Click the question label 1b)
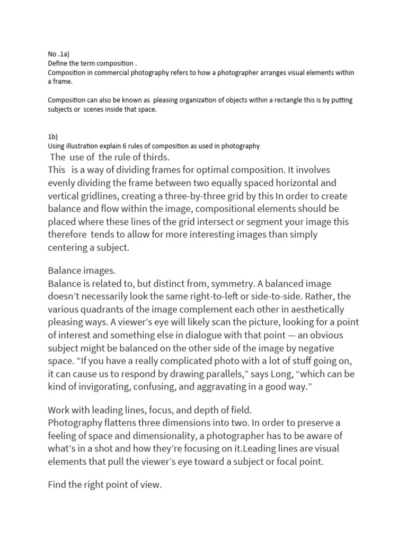click(x=52, y=136)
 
